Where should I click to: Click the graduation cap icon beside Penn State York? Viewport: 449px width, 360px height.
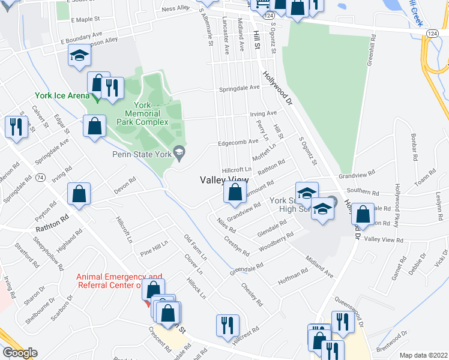[x=179, y=154]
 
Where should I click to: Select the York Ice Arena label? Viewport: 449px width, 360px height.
[x=62, y=95]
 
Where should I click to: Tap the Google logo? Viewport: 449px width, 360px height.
[x=20, y=353]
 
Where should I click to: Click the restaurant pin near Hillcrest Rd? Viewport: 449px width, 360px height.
[x=228, y=325]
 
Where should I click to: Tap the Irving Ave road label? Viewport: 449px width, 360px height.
[x=264, y=113]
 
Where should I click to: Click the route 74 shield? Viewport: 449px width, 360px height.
[x=40, y=178]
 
